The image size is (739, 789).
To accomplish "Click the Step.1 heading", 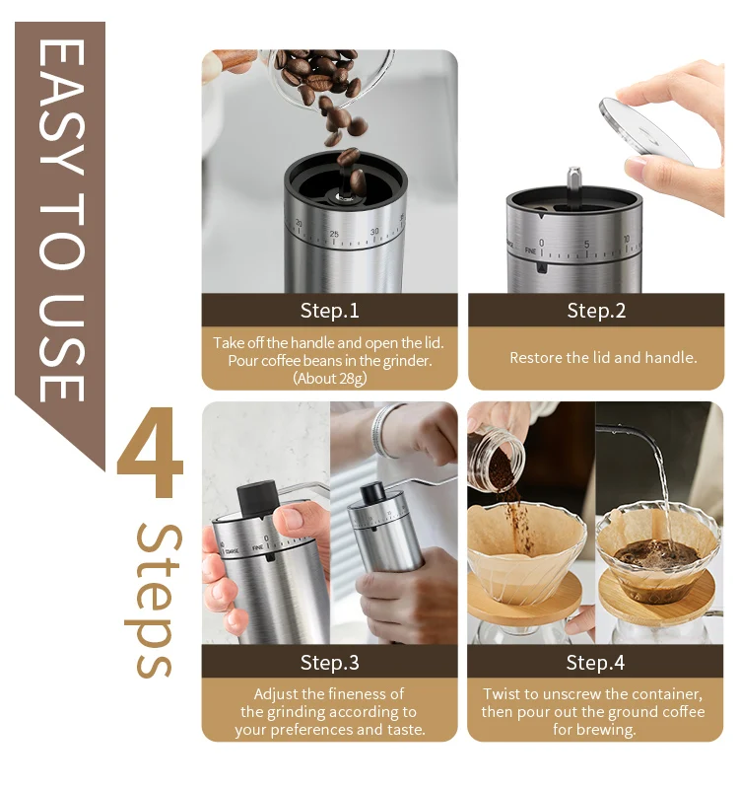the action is pyautogui.click(x=330, y=311).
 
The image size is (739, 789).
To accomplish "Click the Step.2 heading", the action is pyautogui.click(x=596, y=311).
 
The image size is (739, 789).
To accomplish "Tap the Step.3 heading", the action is pyautogui.click(x=330, y=662).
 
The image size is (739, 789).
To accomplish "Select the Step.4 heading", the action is pyautogui.click(x=595, y=662).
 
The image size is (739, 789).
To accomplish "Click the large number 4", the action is pyautogui.click(x=150, y=452).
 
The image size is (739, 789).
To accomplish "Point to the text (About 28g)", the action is pyautogui.click(x=330, y=378).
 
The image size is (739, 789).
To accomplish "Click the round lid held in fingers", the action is pyautogui.click(x=645, y=131).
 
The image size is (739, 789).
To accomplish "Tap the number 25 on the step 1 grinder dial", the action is pyautogui.click(x=334, y=234).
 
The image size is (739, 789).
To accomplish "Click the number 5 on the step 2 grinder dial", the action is pyautogui.click(x=586, y=244).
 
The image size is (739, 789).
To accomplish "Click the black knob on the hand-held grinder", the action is pyautogui.click(x=256, y=498).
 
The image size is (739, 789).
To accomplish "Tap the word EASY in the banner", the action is pyautogui.click(x=61, y=108).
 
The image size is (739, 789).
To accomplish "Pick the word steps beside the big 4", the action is pyautogui.click(x=154, y=601).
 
